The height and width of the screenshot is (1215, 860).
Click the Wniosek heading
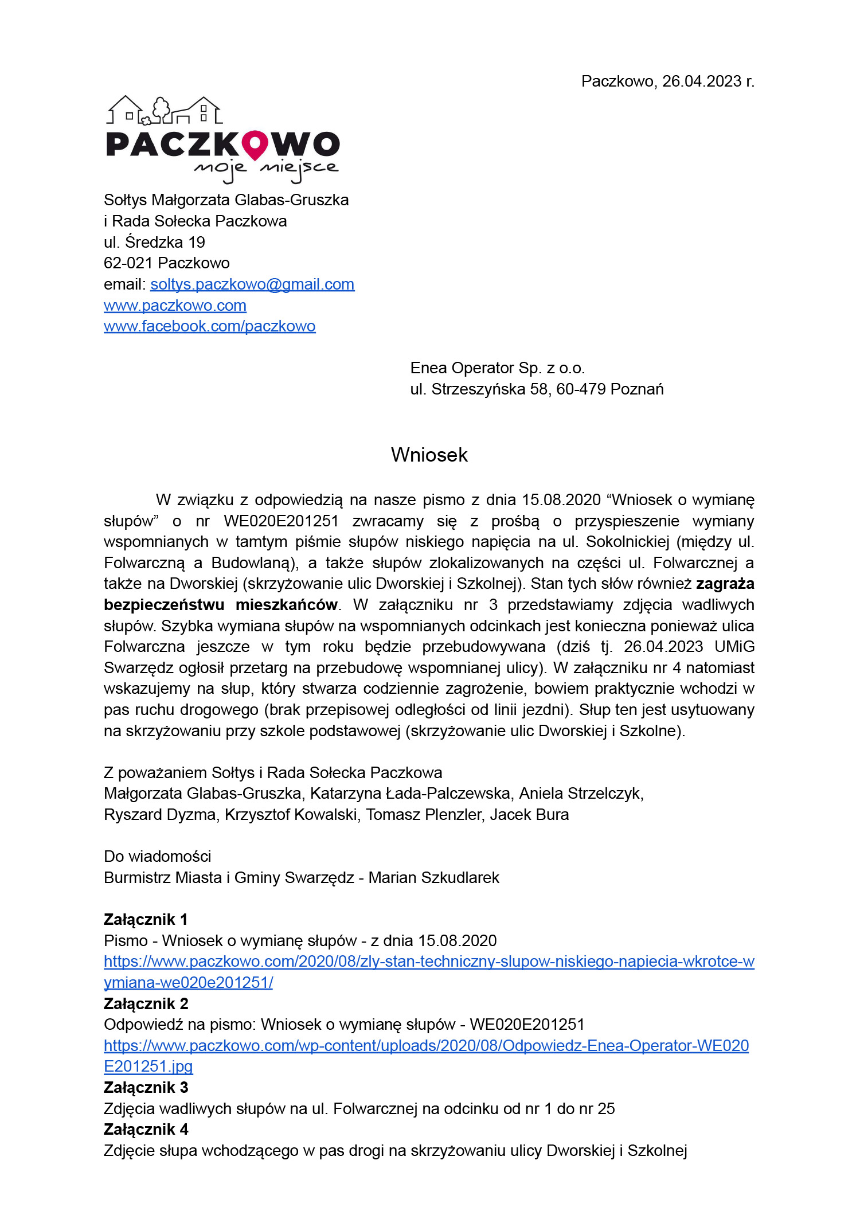[x=429, y=455]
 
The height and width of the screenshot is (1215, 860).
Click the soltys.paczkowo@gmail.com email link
[x=252, y=284]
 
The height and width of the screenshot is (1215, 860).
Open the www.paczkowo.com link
[x=175, y=306]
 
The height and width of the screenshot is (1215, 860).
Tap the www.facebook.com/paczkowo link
[x=209, y=326]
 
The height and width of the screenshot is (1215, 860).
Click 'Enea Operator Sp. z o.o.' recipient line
[x=497, y=368]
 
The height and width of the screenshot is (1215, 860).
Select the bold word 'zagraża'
[x=725, y=584]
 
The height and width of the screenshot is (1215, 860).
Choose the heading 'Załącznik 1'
[x=146, y=920]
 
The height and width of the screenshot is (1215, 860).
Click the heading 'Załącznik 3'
[x=146, y=1088]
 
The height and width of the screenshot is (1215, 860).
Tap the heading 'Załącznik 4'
[x=146, y=1130]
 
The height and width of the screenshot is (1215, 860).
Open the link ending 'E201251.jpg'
[x=148, y=1066]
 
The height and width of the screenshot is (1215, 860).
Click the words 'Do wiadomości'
[x=157, y=857]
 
